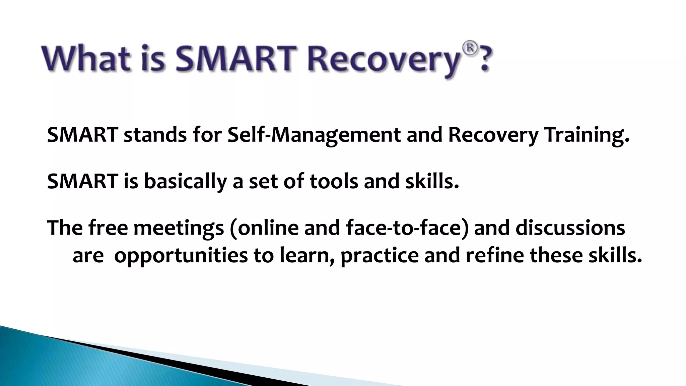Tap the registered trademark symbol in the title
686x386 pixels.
(470, 49)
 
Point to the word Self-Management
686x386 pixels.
(314, 135)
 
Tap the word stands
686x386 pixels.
(155, 135)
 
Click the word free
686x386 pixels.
(108, 228)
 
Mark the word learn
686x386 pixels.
(306, 255)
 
